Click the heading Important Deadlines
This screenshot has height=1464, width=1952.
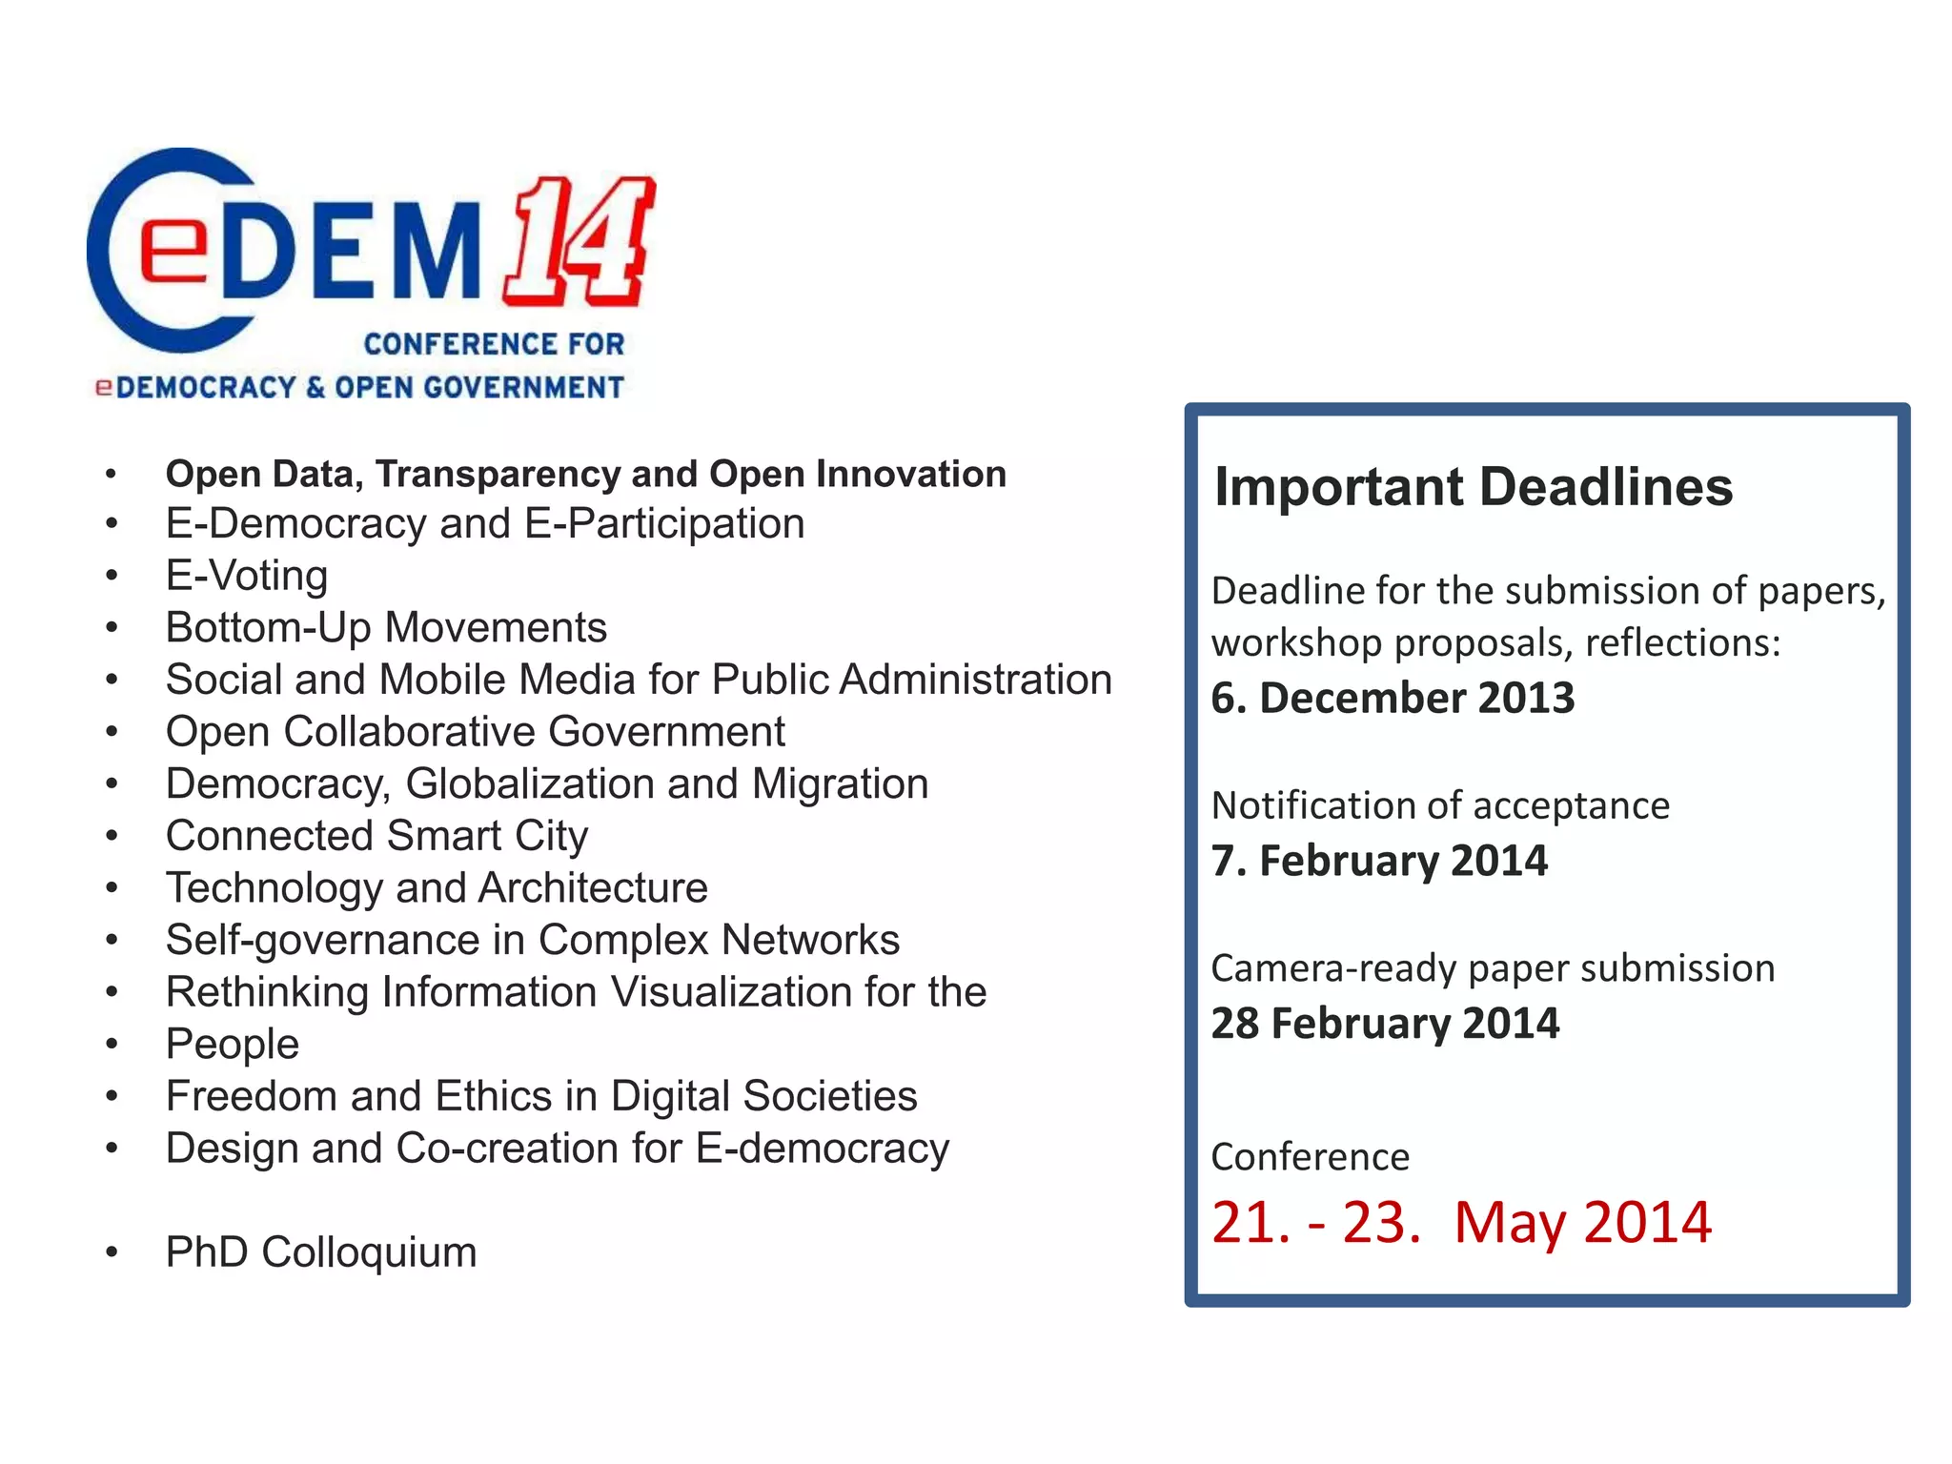pyautogui.click(x=1473, y=487)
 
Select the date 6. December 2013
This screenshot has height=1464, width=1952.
pyautogui.click(x=1393, y=699)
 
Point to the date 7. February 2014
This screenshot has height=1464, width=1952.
pyautogui.click(x=1379, y=861)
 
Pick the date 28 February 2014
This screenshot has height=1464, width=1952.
pyautogui.click(x=1385, y=1024)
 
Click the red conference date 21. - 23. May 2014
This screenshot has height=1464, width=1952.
pyautogui.click(x=1461, y=1222)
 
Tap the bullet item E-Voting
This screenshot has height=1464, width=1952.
pyautogui.click(x=247, y=576)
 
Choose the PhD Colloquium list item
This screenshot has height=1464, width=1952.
pyautogui.click(x=321, y=1252)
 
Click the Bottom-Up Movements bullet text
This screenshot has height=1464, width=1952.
pyautogui.click(x=386, y=628)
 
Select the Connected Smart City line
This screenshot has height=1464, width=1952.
pyautogui.click(x=376, y=836)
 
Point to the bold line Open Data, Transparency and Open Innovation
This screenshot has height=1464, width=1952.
pyautogui.click(x=585, y=474)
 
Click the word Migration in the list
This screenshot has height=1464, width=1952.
pyautogui.click(x=840, y=784)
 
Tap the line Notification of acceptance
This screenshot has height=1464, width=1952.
pyautogui.click(x=1440, y=806)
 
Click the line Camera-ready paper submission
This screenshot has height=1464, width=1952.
pyautogui.click(x=1493, y=968)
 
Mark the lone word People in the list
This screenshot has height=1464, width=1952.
pyautogui.click(x=233, y=1045)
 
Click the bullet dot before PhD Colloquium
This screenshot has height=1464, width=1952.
pyautogui.click(x=112, y=1252)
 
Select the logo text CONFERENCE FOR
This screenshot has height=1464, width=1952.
pyautogui.click(x=494, y=344)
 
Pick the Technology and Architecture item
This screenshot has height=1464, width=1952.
pyautogui.click(x=437, y=888)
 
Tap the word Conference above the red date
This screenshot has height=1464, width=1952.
pyautogui.click(x=1310, y=1157)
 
